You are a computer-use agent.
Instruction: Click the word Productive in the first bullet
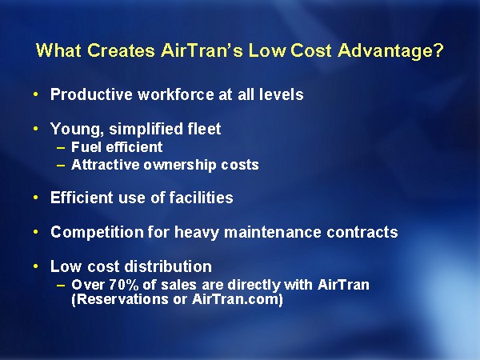[91, 94]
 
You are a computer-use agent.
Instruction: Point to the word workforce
[176, 94]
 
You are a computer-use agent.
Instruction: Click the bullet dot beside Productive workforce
[36, 94]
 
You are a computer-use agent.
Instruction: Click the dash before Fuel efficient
[61, 148]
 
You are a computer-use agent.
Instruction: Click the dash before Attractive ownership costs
[61, 166]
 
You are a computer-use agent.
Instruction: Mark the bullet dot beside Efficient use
[36, 198]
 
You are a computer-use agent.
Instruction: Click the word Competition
[97, 232]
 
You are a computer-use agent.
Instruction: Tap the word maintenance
[273, 232]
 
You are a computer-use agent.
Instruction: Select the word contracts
[362, 232]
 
